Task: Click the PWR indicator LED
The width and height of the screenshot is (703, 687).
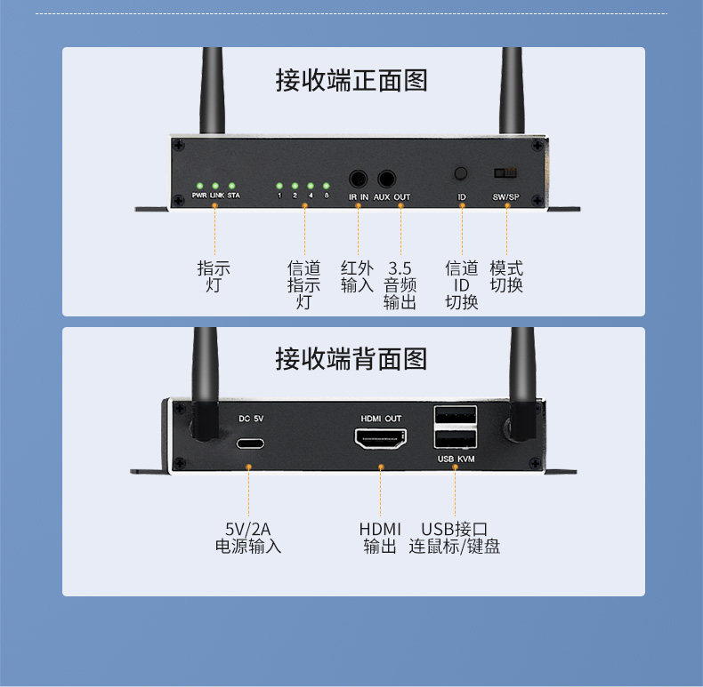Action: click(x=199, y=186)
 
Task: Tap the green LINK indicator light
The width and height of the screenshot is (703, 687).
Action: click(x=215, y=186)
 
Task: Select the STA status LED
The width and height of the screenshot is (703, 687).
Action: click(x=231, y=186)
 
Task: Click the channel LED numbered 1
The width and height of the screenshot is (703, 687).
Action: click(x=279, y=186)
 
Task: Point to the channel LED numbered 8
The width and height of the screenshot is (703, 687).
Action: click(x=327, y=186)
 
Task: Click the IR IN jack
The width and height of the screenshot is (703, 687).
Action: click(x=359, y=180)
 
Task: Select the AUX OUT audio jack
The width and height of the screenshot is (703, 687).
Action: click(x=386, y=180)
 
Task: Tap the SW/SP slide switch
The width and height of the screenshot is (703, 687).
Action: click(x=505, y=173)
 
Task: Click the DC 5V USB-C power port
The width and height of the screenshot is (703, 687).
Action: click(x=250, y=443)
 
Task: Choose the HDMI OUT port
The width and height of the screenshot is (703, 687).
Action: click(x=381, y=438)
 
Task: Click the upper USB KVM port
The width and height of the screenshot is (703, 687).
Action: click(x=455, y=415)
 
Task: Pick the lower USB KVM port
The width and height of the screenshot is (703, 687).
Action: click(x=455, y=439)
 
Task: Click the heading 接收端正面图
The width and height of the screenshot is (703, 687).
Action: click(x=351, y=81)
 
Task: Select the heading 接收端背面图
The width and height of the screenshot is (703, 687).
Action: click(x=351, y=359)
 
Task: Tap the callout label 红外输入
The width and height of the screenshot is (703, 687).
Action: click(x=357, y=276)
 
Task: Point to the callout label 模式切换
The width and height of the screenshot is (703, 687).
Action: click(x=506, y=276)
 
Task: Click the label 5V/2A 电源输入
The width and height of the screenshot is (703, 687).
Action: click(x=248, y=538)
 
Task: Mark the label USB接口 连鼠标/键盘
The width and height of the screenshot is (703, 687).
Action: click(x=454, y=538)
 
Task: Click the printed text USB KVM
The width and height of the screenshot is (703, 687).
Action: click(x=456, y=459)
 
